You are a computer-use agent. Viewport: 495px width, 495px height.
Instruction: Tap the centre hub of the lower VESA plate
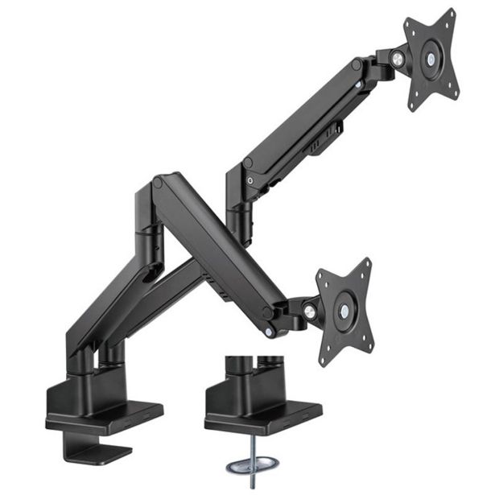344,311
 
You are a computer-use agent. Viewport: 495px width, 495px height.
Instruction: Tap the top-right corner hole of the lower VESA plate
367,264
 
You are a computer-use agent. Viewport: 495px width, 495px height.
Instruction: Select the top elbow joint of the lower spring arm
158,183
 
